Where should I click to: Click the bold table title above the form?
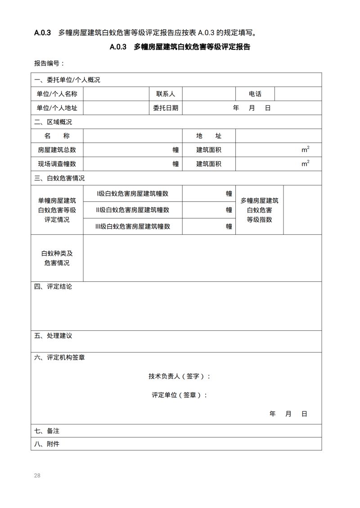point(180,47)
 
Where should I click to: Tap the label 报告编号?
point(49,63)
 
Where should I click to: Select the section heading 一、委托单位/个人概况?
point(67,80)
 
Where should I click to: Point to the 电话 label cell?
point(255,94)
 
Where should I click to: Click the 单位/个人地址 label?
point(57,108)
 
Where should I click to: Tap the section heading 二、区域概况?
point(53,122)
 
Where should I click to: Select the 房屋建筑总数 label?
point(57,150)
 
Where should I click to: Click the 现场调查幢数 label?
point(57,164)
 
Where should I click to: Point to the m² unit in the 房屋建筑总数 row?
point(305,150)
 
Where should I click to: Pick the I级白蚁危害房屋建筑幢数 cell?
point(133,193)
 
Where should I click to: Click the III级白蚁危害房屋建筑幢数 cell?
point(133,227)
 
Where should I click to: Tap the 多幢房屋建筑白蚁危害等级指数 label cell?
point(259,210)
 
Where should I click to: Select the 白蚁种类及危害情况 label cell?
point(57,258)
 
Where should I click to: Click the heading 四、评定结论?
point(53,286)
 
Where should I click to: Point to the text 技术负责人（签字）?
point(180,376)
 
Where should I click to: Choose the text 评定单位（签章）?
point(180,395)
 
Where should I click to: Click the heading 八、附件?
point(47,444)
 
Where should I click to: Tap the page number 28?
point(37,475)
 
